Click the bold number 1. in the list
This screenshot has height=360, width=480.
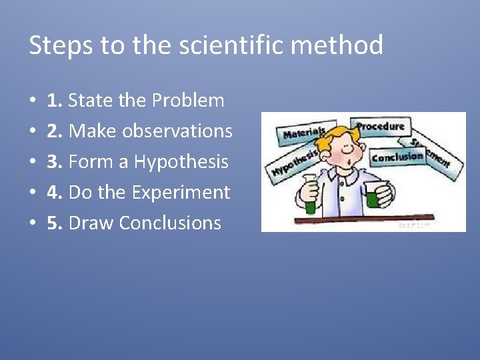pyautogui.click(x=55, y=101)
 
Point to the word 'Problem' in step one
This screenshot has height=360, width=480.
pyautogui.click(x=188, y=101)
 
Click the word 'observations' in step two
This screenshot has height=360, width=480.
pyautogui.click(x=184, y=131)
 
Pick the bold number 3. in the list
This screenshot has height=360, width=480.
pyautogui.click(x=55, y=162)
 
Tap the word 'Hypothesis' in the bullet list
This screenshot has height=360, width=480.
pyautogui.click(x=181, y=162)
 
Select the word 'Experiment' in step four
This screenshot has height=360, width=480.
pyautogui.click(x=181, y=193)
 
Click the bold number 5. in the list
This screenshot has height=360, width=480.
pyautogui.click(x=55, y=223)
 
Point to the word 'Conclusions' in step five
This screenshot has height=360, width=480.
pyautogui.click(x=170, y=223)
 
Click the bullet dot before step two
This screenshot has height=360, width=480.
pyautogui.click(x=33, y=132)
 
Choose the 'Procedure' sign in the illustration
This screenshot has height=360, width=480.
pyautogui.click(x=381, y=126)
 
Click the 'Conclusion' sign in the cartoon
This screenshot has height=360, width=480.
pyautogui.click(x=397, y=157)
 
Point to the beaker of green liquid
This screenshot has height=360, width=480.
pyautogui.click(x=373, y=197)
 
